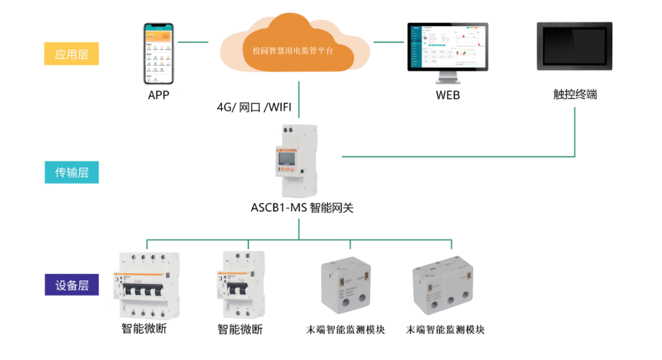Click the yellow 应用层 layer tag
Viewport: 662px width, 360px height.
[72, 54]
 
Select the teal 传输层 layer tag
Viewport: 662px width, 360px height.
[72, 172]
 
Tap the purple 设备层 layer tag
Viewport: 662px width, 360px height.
[72, 285]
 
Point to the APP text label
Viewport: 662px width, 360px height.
[158, 95]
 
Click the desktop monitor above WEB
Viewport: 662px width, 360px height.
[447, 52]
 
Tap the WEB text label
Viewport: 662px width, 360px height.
[447, 95]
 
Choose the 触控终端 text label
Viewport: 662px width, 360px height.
[574, 95]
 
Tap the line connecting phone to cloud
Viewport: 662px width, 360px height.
[192, 42]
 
